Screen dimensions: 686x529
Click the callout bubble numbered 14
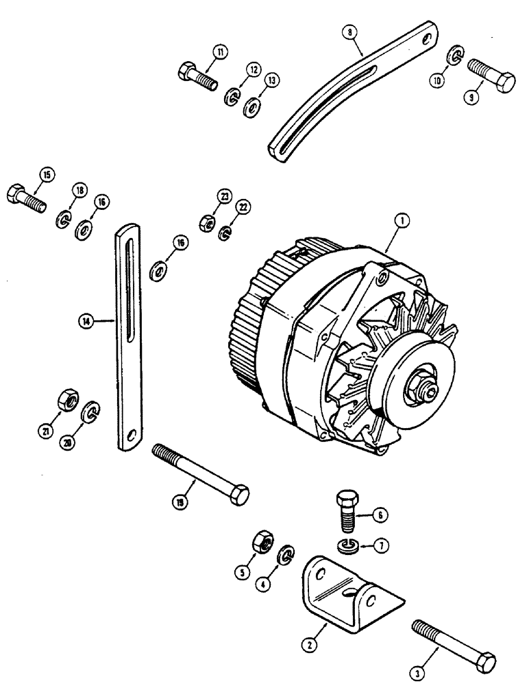[x=86, y=320]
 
